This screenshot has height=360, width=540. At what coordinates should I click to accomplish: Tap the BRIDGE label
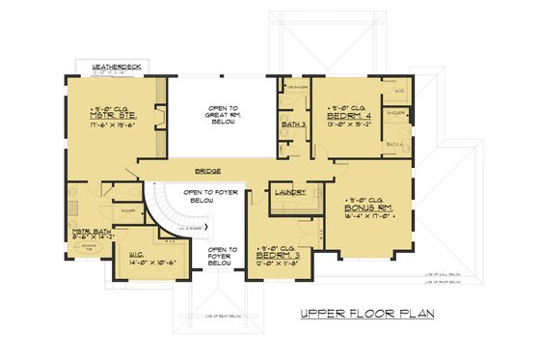208,170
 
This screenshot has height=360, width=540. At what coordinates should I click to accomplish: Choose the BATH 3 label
296,124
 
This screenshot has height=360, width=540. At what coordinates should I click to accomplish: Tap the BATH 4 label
395,144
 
